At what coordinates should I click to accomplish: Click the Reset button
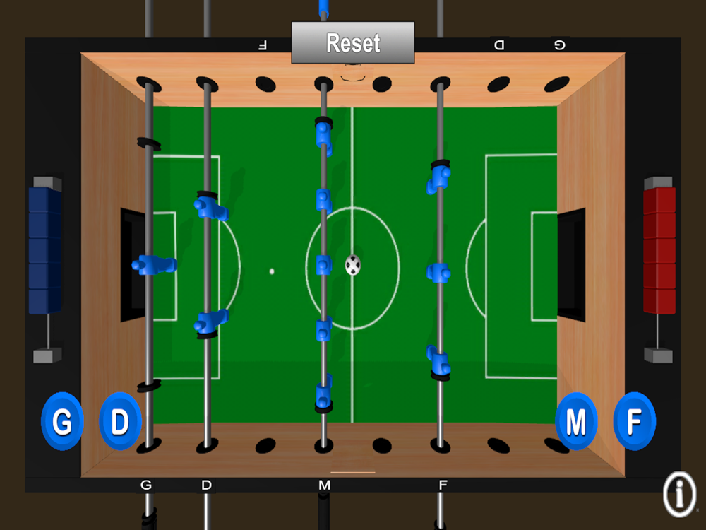coord(352,42)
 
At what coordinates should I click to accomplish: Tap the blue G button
coord(62,421)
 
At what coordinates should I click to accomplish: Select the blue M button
coord(576,421)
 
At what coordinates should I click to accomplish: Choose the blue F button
coord(635,421)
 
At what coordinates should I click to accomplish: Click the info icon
coord(679,494)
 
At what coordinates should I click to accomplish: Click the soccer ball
coord(353,265)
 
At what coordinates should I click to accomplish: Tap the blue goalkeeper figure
coord(154,265)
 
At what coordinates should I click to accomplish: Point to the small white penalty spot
coord(272,271)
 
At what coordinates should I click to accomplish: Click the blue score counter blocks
coord(45,250)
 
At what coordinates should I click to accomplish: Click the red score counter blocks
coord(659,250)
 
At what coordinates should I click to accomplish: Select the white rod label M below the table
coord(324,485)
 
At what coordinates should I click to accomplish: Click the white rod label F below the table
coord(443,485)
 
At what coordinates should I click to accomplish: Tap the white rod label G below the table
coord(146,485)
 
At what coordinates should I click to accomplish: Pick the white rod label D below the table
coord(206,485)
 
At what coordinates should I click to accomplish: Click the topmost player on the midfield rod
coord(324,136)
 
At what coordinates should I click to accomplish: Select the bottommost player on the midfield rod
coord(324,394)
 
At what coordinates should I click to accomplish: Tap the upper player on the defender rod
coord(210,206)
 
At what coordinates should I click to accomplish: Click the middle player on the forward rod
coord(438,273)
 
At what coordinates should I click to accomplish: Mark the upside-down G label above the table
coord(559,45)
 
